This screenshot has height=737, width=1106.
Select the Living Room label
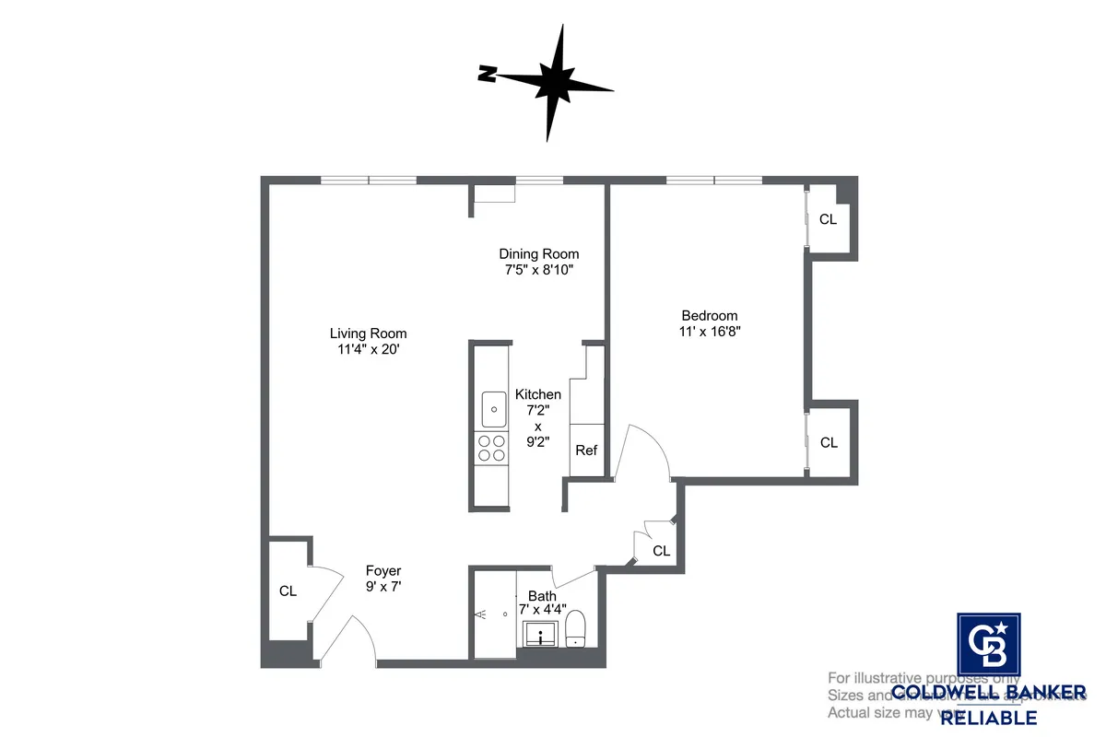(x=368, y=333)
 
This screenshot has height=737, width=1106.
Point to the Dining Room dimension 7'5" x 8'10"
(x=539, y=271)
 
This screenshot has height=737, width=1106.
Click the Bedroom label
(x=709, y=313)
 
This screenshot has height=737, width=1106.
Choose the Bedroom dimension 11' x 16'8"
(x=709, y=331)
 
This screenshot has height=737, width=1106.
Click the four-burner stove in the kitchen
(x=491, y=447)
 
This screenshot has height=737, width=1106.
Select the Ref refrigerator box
(x=586, y=450)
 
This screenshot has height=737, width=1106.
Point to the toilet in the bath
(x=576, y=629)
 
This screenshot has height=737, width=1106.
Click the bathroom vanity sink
(x=539, y=633)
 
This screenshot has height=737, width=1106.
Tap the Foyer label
(x=383, y=571)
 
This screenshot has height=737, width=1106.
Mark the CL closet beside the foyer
(x=288, y=591)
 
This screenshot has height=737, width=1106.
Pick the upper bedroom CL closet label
(x=829, y=219)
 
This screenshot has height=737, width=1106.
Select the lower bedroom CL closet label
(x=829, y=442)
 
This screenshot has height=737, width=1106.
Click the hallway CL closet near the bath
(x=661, y=551)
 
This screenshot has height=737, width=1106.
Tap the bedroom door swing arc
(x=645, y=451)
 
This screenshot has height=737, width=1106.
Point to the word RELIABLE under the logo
(x=988, y=718)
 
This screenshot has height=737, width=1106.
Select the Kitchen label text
(x=538, y=394)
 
